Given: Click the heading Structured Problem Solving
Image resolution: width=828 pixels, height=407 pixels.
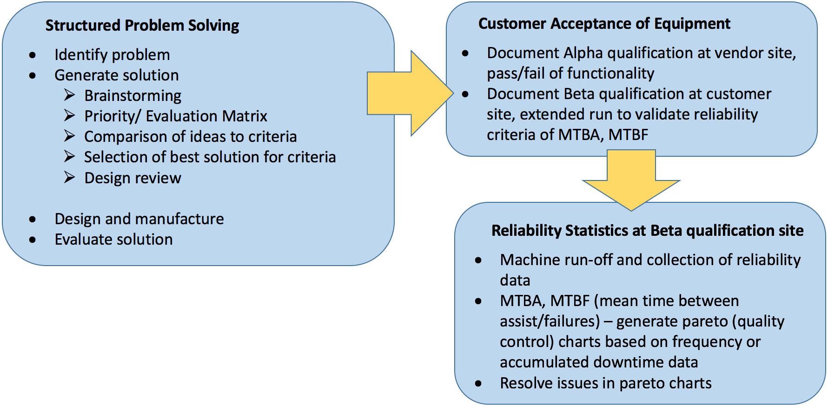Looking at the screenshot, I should coord(142,26).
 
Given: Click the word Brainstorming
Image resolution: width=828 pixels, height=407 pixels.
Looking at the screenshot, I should coord(132,96).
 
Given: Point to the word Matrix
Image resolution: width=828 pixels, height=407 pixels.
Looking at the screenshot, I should coord(245,116).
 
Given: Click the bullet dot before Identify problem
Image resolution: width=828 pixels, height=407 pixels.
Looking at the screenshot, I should coord(32,55).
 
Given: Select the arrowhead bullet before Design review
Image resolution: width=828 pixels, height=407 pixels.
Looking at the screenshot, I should coord(69,177).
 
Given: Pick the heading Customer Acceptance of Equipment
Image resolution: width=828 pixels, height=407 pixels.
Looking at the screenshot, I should coord(604,24).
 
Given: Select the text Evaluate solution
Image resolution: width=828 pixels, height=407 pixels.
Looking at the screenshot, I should coord(113,240).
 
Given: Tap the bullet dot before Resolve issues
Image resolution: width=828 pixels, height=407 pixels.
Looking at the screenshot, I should coord(478,384).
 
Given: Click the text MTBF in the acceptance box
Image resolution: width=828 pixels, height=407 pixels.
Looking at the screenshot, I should coord(628,135).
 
